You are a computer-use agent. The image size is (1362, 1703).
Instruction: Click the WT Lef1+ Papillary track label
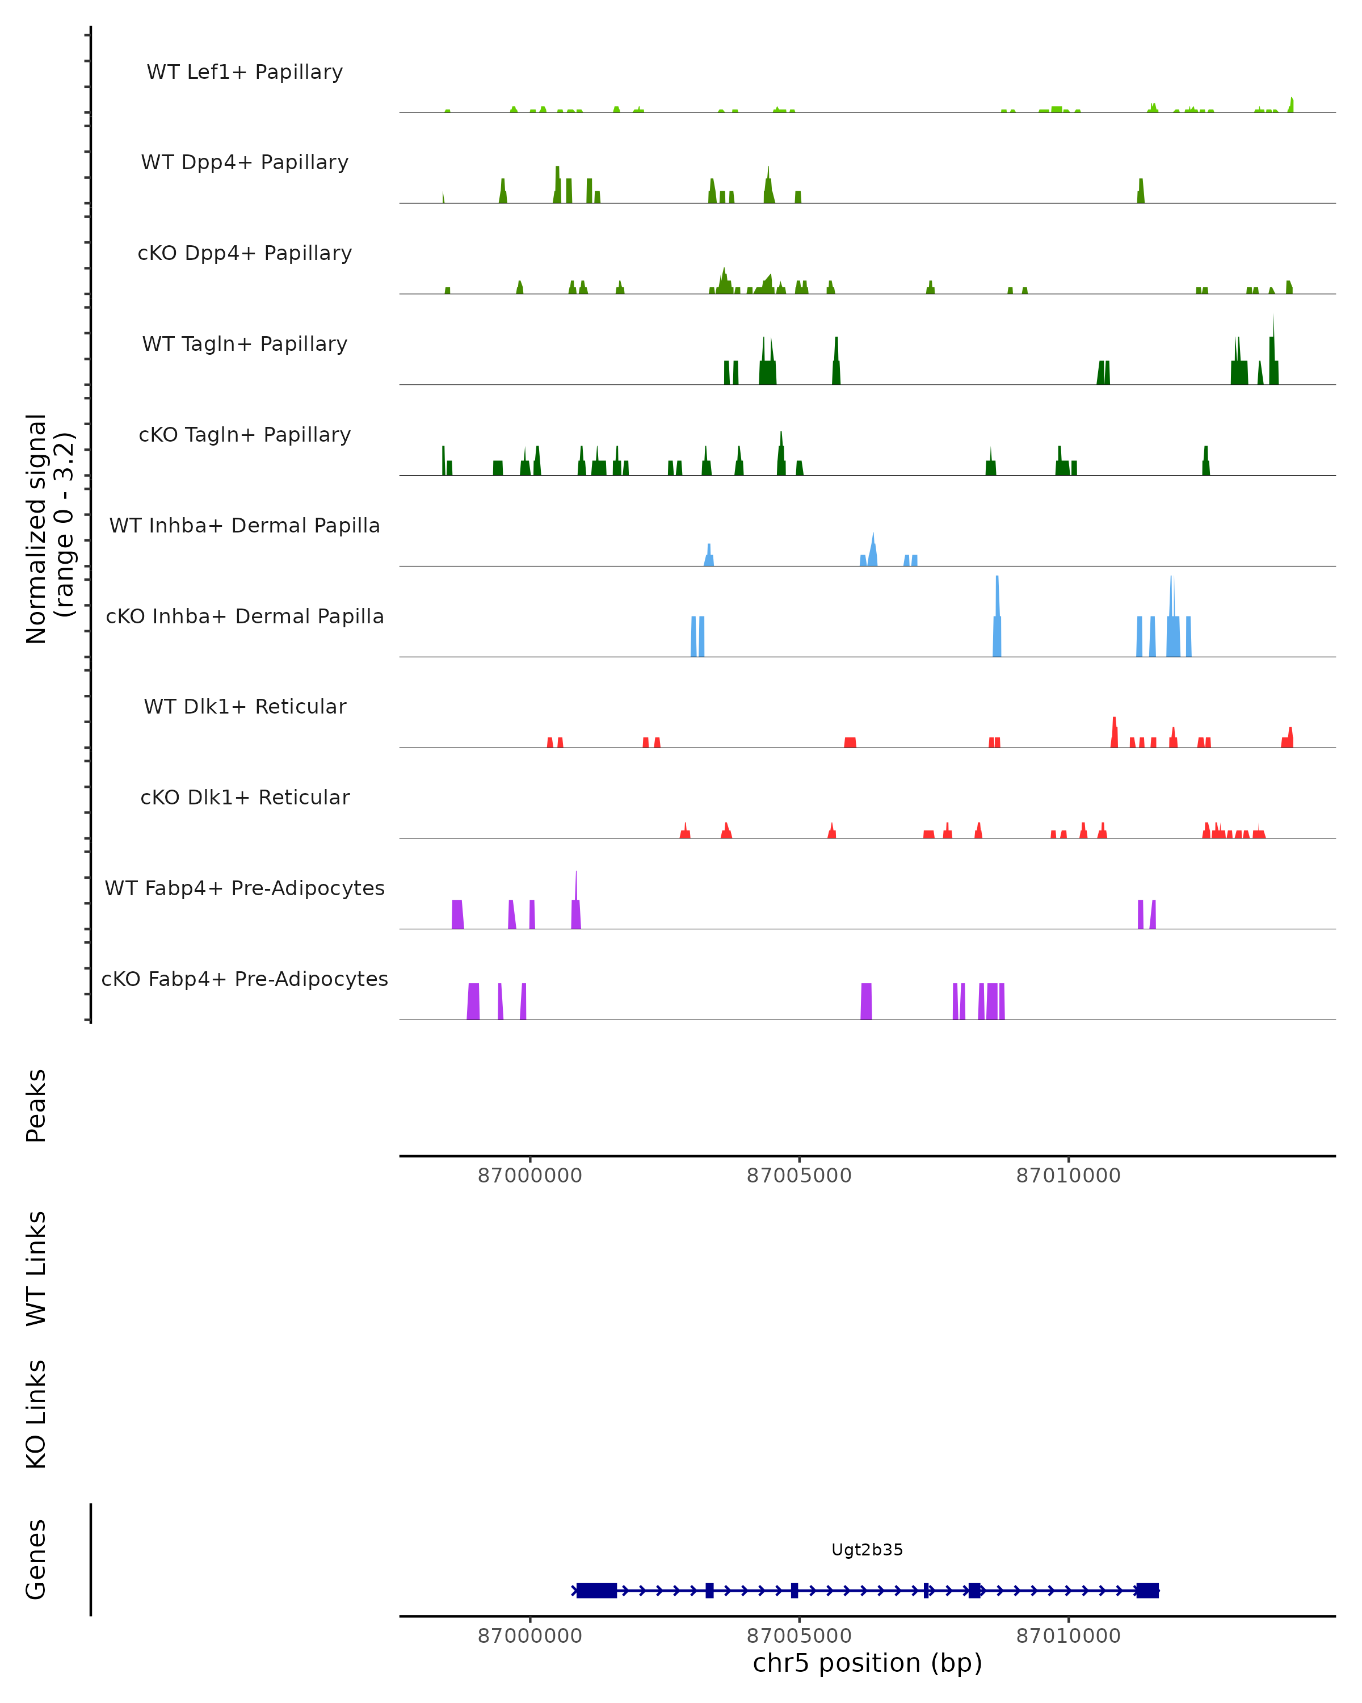245,72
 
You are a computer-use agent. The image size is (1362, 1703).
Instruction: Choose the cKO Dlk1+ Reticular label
245,797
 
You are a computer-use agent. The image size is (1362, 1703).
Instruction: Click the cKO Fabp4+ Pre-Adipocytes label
245,979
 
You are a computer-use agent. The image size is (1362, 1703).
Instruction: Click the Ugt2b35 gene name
867,1550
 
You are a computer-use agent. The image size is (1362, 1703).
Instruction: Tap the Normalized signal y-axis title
49,528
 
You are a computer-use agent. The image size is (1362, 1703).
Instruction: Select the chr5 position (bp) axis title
867,1663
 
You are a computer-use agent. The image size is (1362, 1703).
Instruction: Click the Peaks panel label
36,1106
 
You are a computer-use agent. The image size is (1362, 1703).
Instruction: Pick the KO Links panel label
36,1414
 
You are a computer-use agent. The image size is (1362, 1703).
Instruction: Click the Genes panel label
36,1559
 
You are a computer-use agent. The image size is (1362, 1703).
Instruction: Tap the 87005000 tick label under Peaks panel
799,1176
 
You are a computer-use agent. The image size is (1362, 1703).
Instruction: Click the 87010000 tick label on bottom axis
1068,1636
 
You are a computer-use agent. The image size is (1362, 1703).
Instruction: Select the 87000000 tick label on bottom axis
530,1636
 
